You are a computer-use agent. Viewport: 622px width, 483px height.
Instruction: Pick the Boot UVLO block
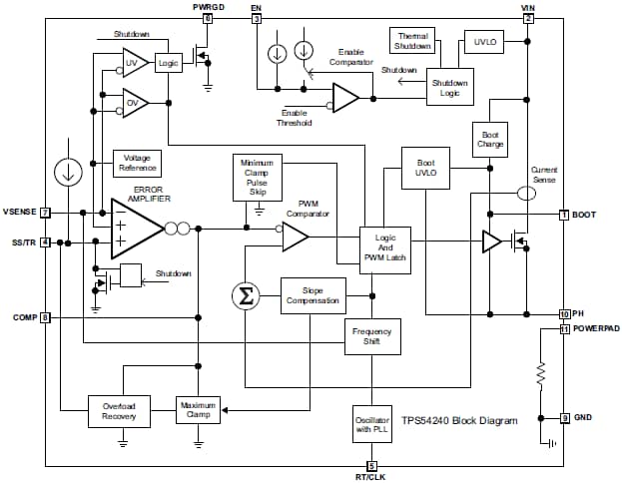pos(425,167)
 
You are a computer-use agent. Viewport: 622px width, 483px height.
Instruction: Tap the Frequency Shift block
pos(372,336)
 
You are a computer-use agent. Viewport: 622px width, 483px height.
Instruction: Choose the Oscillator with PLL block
pos(372,423)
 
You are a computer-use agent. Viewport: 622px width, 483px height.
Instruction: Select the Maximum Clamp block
pos(198,409)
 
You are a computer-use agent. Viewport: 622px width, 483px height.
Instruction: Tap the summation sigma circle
pos(244,295)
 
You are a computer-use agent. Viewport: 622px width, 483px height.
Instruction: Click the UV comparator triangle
pos(133,63)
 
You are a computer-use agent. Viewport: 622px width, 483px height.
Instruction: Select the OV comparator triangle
pos(133,103)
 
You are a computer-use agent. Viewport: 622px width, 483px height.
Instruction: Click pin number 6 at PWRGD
pos(208,19)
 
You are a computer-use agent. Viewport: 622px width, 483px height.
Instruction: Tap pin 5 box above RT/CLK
pos(371,465)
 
